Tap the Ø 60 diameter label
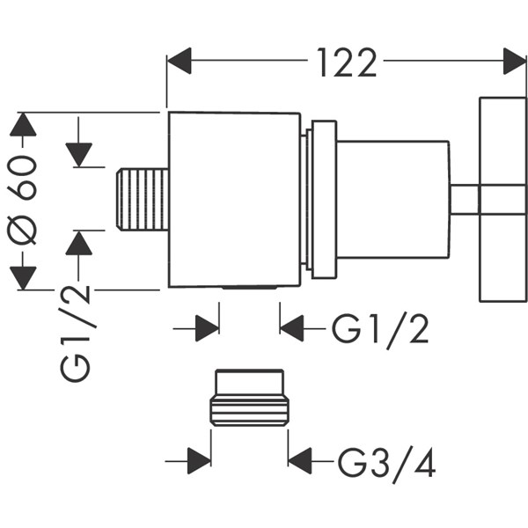click(x=24, y=201)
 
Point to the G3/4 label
click(x=387, y=460)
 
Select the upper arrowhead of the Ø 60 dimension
click(x=24, y=125)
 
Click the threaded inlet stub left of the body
click(x=142, y=200)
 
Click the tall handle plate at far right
click(x=502, y=200)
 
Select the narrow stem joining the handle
click(x=465, y=200)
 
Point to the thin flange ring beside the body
click(x=321, y=200)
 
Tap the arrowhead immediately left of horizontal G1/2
click(x=292, y=329)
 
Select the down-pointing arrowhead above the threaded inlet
click(x=79, y=154)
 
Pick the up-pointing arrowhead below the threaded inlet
click(x=79, y=244)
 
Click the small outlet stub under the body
click(x=250, y=289)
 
